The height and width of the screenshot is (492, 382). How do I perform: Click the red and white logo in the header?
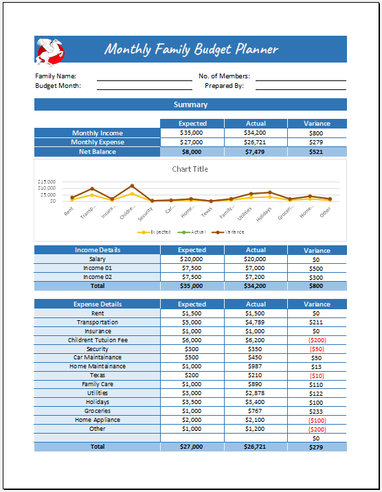click(49, 49)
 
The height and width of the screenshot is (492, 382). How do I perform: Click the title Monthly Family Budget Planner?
click(191, 49)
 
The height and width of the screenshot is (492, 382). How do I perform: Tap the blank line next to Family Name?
click(144, 76)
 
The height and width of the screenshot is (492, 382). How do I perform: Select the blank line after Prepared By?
click(301, 86)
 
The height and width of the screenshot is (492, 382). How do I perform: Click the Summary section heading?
click(190, 104)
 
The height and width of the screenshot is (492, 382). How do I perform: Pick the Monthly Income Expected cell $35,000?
click(192, 133)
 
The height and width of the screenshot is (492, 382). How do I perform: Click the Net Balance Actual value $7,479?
click(256, 151)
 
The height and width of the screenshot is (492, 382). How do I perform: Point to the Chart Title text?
click(190, 169)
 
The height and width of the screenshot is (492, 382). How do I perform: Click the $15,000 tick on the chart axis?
click(47, 182)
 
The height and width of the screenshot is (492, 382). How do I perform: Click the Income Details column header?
click(97, 250)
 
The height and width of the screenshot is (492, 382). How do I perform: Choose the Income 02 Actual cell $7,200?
click(256, 277)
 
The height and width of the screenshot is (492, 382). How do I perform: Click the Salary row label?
click(97, 259)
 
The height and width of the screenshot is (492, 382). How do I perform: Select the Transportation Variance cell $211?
click(317, 322)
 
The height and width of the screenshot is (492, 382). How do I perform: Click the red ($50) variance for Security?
click(317, 349)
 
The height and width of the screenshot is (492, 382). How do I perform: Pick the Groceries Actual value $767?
click(256, 411)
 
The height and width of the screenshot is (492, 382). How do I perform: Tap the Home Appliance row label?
click(97, 420)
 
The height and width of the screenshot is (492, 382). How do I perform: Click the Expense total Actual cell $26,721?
click(256, 447)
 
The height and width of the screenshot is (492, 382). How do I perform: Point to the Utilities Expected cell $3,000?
click(192, 393)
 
